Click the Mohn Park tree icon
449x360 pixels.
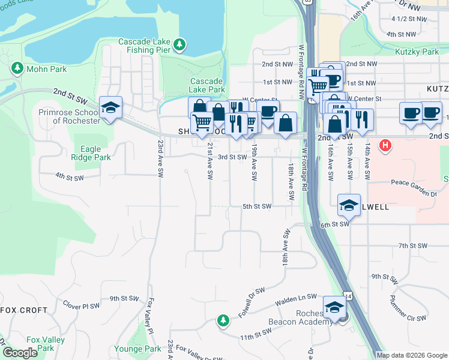point(17,68)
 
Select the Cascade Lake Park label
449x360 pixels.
point(207,85)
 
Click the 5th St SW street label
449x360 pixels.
point(257,206)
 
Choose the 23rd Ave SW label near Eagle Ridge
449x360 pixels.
point(161,159)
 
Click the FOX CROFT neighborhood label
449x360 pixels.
point(24,310)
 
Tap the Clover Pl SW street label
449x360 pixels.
point(81,306)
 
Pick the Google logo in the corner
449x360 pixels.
point(19,353)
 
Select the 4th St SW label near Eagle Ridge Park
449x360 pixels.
point(68,176)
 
